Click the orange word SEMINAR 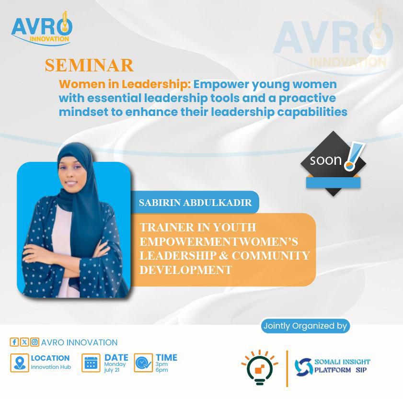(89, 66)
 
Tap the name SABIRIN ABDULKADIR (196, 203)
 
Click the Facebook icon (14, 342)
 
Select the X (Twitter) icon (24, 342)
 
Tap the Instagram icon (35, 342)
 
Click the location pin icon (20, 363)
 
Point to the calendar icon (91, 363)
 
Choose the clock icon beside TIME (143, 363)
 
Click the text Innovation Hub (51, 367)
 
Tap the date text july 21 (112, 370)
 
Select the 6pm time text (161, 370)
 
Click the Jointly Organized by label (305, 326)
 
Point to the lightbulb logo (260, 367)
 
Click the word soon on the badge (326, 160)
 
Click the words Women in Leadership (125, 84)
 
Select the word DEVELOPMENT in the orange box (185, 270)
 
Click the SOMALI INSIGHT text (342, 362)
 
